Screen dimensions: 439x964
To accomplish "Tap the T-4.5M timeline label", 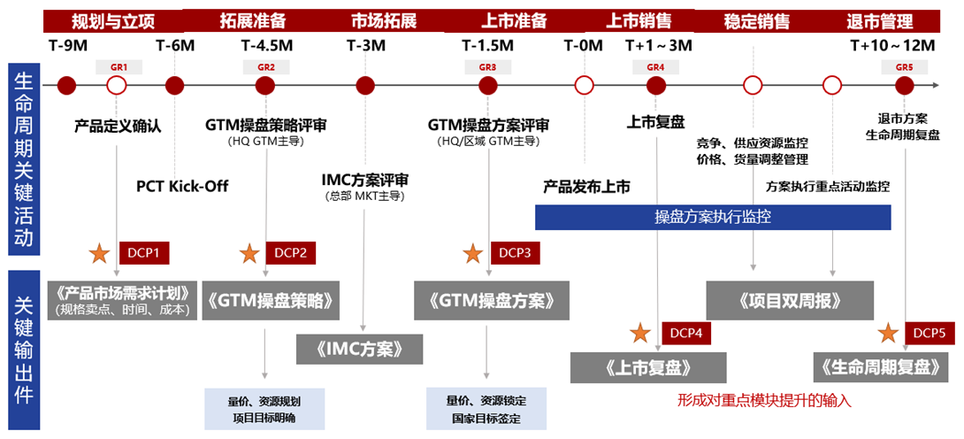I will point(265,45).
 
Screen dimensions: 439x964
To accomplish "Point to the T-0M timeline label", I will point(583,45).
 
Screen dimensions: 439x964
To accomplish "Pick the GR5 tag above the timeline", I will point(904,67).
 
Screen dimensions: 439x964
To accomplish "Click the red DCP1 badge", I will point(143,253).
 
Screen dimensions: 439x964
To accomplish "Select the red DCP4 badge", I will point(686,333).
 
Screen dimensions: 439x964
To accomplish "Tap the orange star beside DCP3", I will point(473,253).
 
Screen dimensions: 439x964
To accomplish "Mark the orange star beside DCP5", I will point(887,333).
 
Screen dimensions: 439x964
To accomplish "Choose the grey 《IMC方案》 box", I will point(360,348).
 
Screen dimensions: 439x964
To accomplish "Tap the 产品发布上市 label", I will point(586,187).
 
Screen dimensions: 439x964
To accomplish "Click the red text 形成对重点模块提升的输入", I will point(763,400).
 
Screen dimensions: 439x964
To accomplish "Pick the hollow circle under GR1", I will point(116,86).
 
